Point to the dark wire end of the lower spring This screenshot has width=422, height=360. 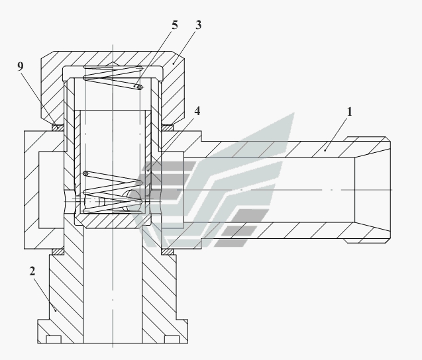(x=86, y=173)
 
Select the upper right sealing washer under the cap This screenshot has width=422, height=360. (x=167, y=128)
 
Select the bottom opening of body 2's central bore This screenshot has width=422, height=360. (x=112, y=341)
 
